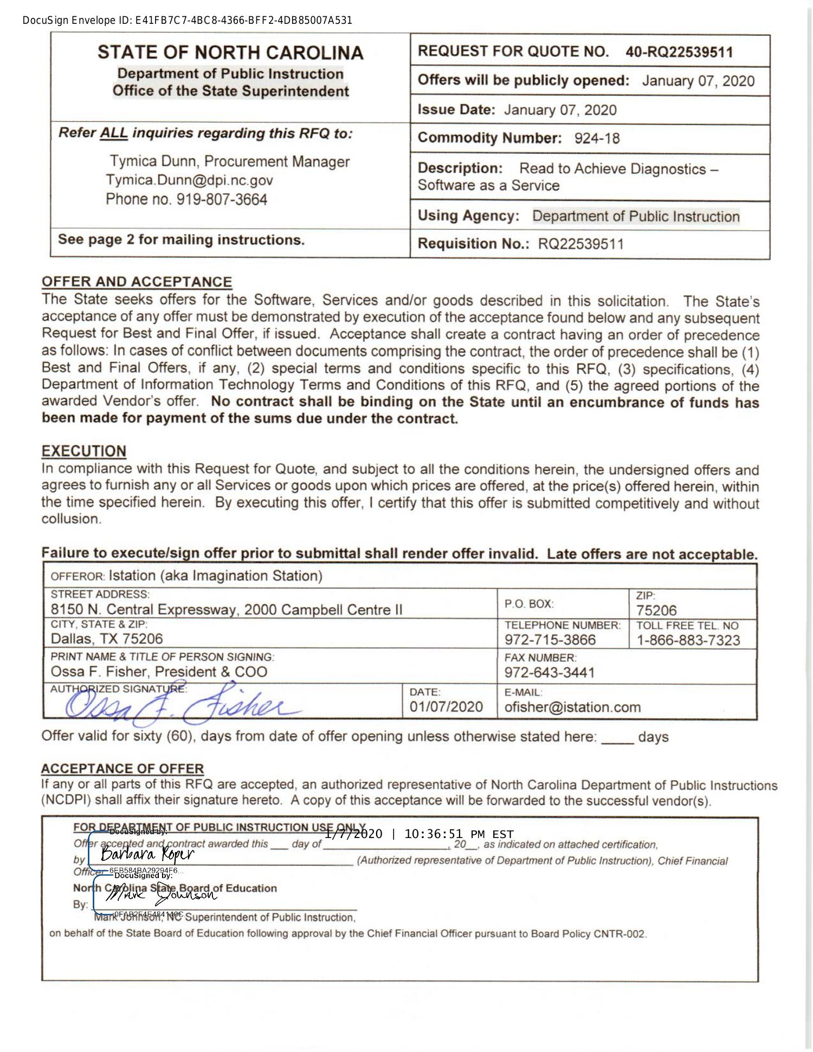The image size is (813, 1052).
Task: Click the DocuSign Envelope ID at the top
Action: (188, 21)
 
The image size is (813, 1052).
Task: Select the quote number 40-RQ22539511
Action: (679, 52)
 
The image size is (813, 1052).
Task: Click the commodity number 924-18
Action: (597, 138)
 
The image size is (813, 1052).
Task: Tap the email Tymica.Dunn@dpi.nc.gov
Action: (189, 180)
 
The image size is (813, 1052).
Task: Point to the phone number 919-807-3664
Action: (222, 199)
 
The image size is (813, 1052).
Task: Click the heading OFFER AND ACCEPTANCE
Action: (137, 282)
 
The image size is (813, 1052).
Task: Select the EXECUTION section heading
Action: (84, 451)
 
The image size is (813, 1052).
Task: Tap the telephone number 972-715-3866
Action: (550, 640)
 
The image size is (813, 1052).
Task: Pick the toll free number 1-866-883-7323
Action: (688, 640)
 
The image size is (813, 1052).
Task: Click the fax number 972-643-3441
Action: (550, 672)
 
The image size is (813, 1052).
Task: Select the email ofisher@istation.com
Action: (572, 707)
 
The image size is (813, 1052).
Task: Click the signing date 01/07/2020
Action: (446, 706)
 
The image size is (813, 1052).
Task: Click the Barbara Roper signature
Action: (147, 855)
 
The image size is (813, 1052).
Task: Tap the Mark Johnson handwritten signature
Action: (160, 897)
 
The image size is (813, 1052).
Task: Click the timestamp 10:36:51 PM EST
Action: (459, 834)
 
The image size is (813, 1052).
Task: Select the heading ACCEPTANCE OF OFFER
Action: (122, 768)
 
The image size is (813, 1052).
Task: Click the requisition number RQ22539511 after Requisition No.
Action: (580, 244)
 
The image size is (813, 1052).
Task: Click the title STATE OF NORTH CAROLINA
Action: (230, 53)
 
